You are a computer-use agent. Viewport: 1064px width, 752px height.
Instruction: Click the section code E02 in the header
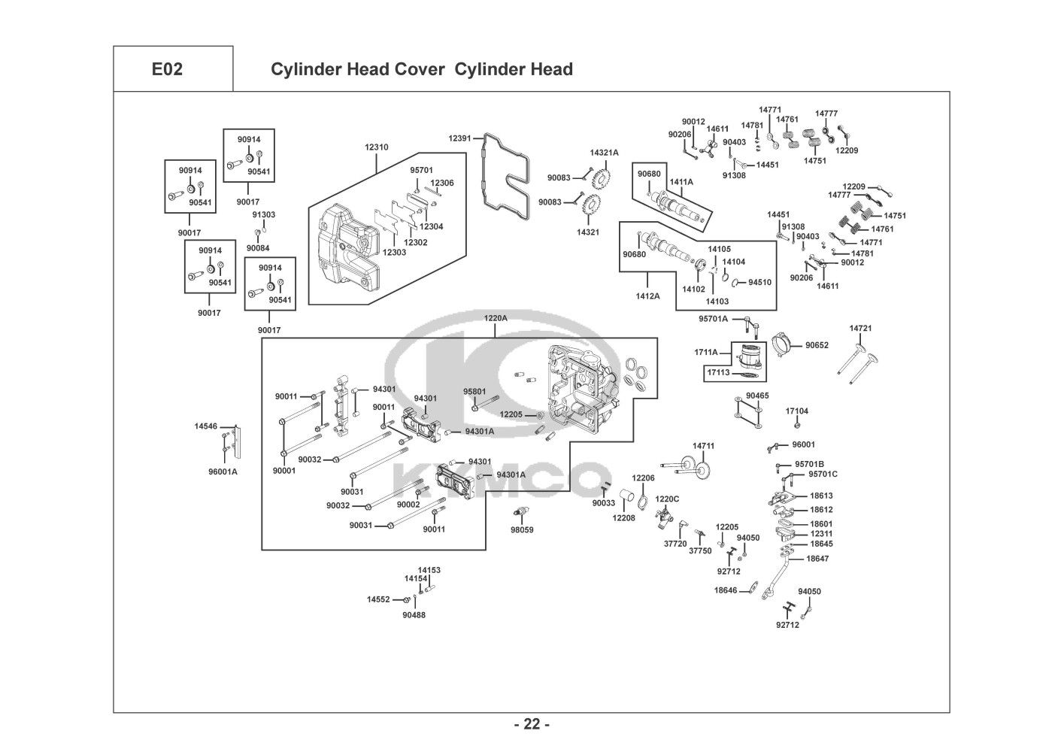pyautogui.click(x=167, y=69)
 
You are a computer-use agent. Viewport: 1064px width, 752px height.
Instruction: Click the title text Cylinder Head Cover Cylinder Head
pyautogui.click(x=421, y=69)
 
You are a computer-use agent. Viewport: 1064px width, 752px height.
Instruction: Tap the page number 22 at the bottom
pyautogui.click(x=532, y=724)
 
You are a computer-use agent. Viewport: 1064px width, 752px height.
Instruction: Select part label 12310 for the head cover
pyautogui.click(x=376, y=147)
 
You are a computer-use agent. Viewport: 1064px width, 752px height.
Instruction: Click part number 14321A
pyautogui.click(x=604, y=153)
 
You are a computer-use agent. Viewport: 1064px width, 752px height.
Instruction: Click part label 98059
pyautogui.click(x=522, y=530)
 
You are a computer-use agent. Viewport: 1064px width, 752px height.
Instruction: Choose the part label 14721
pyautogui.click(x=860, y=329)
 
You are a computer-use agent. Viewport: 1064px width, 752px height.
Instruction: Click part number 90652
pyautogui.click(x=817, y=345)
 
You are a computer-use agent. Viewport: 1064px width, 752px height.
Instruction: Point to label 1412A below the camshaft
pyautogui.click(x=647, y=296)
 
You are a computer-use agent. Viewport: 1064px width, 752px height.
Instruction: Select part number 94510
pyautogui.click(x=759, y=283)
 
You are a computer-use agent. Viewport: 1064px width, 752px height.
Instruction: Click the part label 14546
pyautogui.click(x=205, y=426)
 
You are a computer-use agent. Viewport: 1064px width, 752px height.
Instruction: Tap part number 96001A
pyautogui.click(x=223, y=472)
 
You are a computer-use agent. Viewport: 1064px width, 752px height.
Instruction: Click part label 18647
pyautogui.click(x=817, y=559)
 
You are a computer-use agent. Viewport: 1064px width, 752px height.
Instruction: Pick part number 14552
pyautogui.click(x=378, y=599)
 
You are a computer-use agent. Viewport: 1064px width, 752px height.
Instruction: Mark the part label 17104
pyautogui.click(x=797, y=411)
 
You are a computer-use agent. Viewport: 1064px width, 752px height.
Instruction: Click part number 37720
pyautogui.click(x=674, y=543)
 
